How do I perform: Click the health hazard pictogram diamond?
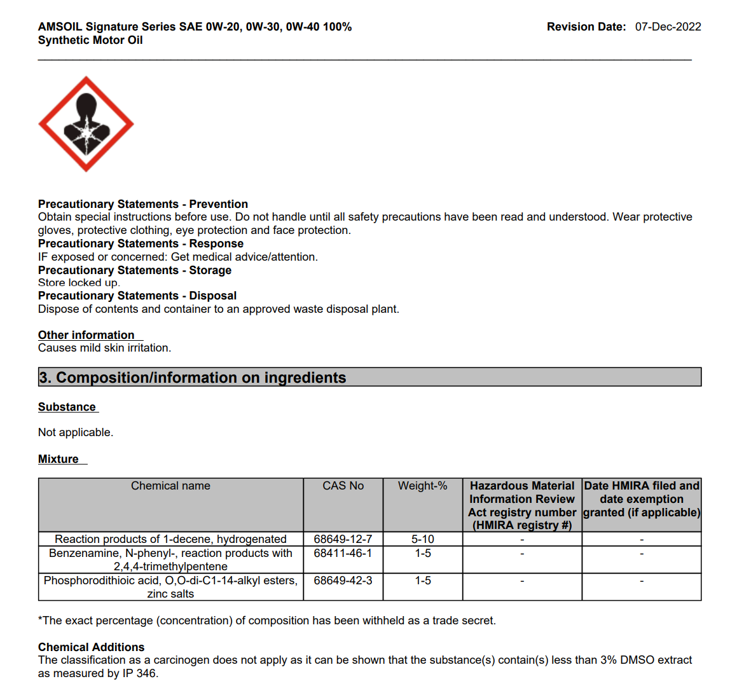pyautogui.click(x=86, y=124)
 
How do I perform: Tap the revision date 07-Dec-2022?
pyautogui.click(x=668, y=27)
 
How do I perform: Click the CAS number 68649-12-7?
pyautogui.click(x=343, y=539)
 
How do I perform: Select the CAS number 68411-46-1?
pyautogui.click(x=343, y=553)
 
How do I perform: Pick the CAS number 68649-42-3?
pyautogui.click(x=343, y=580)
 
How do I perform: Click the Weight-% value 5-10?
pyautogui.click(x=422, y=539)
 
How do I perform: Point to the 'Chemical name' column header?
pyautogui.click(x=170, y=486)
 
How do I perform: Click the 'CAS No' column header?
pyautogui.click(x=343, y=486)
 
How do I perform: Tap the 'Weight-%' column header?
pyautogui.click(x=422, y=486)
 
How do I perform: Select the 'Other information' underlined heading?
pyautogui.click(x=86, y=335)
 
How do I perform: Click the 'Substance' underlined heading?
pyautogui.click(x=67, y=407)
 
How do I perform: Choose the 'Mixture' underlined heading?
pyautogui.click(x=59, y=459)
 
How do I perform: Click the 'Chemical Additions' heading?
pyautogui.click(x=91, y=647)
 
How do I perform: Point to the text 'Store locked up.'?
pyautogui.click(x=79, y=283)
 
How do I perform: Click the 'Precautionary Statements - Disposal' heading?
pyautogui.click(x=137, y=296)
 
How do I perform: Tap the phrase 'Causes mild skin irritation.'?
pyautogui.click(x=104, y=348)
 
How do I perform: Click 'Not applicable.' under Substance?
pyautogui.click(x=76, y=432)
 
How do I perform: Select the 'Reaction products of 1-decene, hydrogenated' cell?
pyautogui.click(x=170, y=539)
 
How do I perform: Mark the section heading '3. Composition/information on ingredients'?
pyautogui.click(x=193, y=378)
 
